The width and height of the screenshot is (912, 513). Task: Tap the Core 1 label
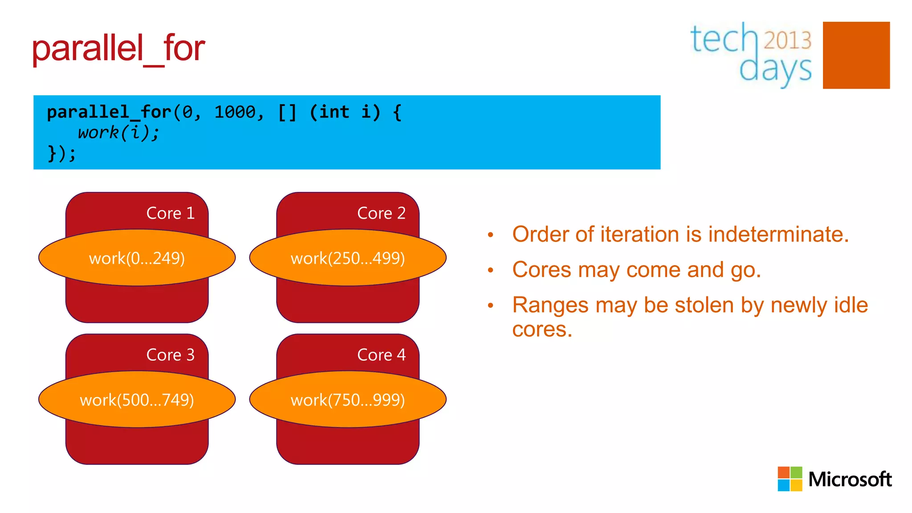(170, 213)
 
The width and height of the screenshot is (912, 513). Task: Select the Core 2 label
(381, 213)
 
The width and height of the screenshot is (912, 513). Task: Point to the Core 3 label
(170, 355)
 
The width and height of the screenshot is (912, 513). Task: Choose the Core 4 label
(381, 355)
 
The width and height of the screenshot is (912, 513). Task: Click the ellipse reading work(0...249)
(137, 258)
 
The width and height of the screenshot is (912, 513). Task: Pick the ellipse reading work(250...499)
(348, 258)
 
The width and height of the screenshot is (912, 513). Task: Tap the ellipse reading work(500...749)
(137, 400)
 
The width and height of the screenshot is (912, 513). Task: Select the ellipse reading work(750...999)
(348, 400)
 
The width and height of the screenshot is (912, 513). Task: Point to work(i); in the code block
(118, 133)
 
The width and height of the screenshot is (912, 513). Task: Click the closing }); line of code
(61, 154)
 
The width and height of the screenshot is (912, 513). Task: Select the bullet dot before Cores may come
(491, 270)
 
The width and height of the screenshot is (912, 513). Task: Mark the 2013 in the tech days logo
(787, 40)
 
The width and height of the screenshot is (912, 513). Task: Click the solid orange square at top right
(856, 55)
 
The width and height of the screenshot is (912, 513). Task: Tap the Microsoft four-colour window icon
(790, 479)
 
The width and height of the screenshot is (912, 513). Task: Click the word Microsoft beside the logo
(850, 480)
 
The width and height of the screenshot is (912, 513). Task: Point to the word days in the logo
(775, 69)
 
